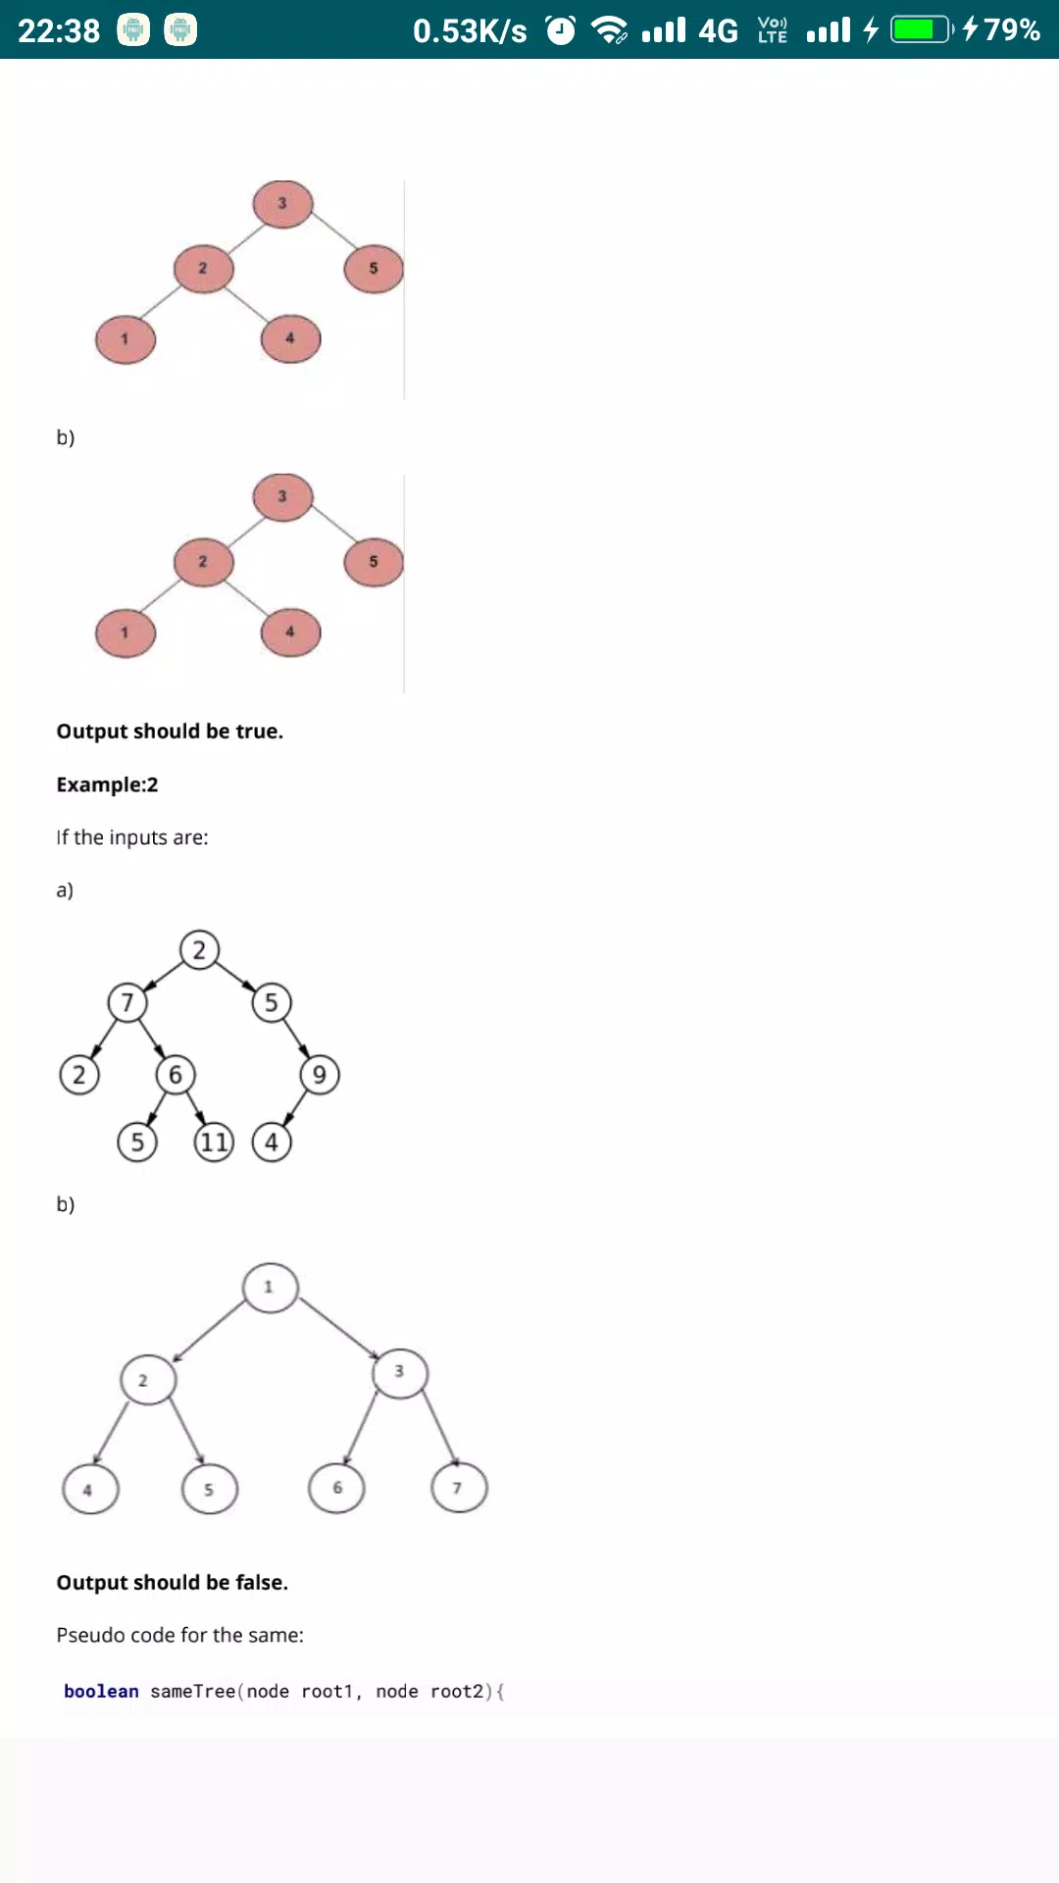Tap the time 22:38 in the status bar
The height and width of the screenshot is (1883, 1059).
[x=59, y=30]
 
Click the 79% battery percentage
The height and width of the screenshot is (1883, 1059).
[x=1012, y=29]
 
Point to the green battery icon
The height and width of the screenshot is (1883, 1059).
[x=922, y=29]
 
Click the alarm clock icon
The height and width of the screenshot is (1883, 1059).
[x=561, y=30]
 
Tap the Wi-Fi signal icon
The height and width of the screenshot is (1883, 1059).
[x=610, y=30]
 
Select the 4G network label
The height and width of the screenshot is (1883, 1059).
[x=718, y=30]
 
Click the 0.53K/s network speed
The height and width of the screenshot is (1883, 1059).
[x=470, y=30]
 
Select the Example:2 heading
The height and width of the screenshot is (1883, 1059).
[x=107, y=785]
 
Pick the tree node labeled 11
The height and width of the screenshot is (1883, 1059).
[x=214, y=1143]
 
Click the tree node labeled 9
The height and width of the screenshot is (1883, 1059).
[x=320, y=1075]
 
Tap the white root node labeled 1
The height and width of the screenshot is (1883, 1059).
[x=270, y=1287]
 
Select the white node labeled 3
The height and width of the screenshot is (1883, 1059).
[x=400, y=1372]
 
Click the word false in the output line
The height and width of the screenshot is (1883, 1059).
[x=262, y=1583]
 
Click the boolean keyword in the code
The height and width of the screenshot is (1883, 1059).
[x=101, y=1692]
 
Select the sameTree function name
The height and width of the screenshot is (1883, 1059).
[x=192, y=1692]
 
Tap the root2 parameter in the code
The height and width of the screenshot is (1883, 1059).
[x=457, y=1692]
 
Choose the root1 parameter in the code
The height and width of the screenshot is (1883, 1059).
[x=328, y=1692]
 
